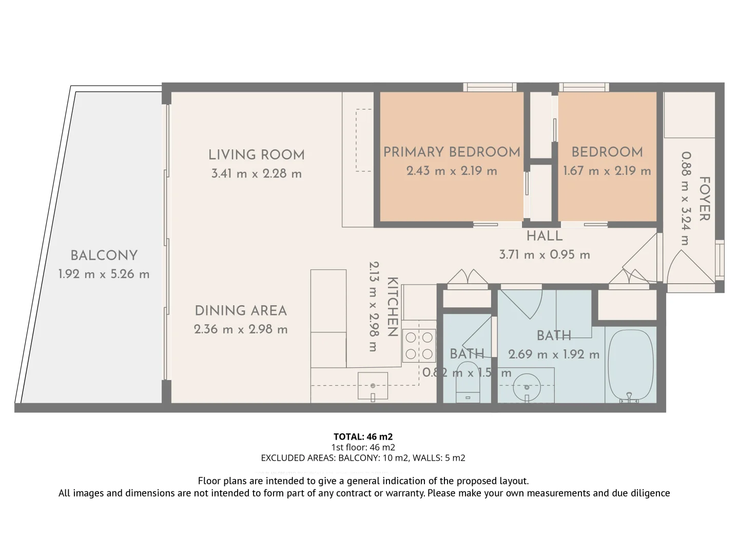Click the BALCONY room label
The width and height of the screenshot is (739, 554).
[x=104, y=255]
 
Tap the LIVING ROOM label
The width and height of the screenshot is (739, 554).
[x=256, y=155]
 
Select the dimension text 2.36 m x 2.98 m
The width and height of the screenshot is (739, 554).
[x=241, y=329]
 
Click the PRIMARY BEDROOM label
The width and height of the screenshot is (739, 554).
[x=452, y=152]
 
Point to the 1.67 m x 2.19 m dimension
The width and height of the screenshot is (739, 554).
[x=607, y=171]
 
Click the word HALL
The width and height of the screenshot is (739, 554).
[x=544, y=236]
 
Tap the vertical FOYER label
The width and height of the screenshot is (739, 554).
[x=705, y=199]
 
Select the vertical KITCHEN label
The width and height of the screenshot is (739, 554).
[x=392, y=307]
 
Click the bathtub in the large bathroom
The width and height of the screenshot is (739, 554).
[x=630, y=365]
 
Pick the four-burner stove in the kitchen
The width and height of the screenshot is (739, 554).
[x=419, y=345]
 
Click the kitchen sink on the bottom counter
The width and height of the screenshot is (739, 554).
[x=373, y=386]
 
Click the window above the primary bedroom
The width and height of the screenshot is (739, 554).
[x=490, y=87]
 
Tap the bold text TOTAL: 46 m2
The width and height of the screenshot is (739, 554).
[x=363, y=437]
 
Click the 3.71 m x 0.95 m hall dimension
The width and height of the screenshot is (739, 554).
[x=544, y=254]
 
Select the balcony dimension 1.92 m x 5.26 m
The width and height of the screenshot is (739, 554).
[x=104, y=274]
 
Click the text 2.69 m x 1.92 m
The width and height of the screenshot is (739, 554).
[x=554, y=354]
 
